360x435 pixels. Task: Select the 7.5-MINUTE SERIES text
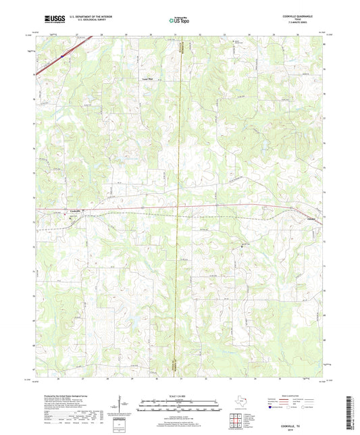[x=307, y=26]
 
